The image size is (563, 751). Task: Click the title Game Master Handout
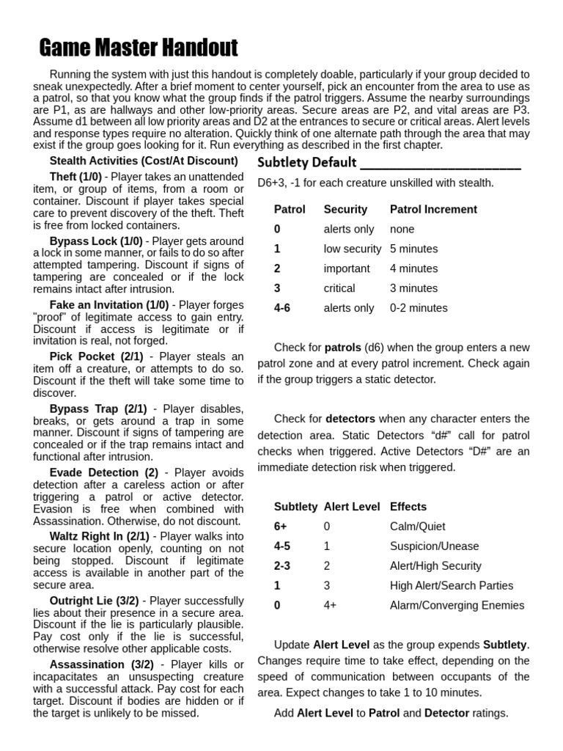click(x=138, y=48)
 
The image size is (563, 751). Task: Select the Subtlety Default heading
click(x=307, y=162)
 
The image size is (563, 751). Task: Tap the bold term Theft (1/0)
click(x=76, y=177)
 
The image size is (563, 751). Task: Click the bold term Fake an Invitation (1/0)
click(x=109, y=304)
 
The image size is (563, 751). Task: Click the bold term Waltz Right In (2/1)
click(x=99, y=536)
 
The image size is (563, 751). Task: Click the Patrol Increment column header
click(x=433, y=209)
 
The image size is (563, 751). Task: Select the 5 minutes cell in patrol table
click(x=413, y=249)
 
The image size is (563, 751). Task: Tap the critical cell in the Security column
click(x=339, y=288)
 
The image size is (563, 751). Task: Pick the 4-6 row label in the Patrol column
click(x=282, y=308)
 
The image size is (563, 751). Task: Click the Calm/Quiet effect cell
click(x=417, y=526)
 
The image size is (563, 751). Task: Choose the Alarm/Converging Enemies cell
click(x=457, y=605)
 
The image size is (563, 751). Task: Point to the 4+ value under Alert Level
click(x=330, y=605)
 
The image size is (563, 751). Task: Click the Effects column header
click(x=408, y=506)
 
